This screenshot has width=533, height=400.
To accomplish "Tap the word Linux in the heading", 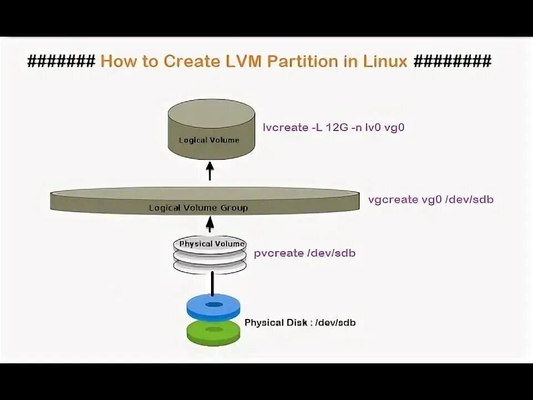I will (384, 61).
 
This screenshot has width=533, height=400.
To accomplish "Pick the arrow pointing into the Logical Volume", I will (210, 171).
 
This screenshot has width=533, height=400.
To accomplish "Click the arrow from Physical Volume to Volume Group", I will (210, 223).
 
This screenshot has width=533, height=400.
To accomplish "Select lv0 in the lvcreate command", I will (378, 127).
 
